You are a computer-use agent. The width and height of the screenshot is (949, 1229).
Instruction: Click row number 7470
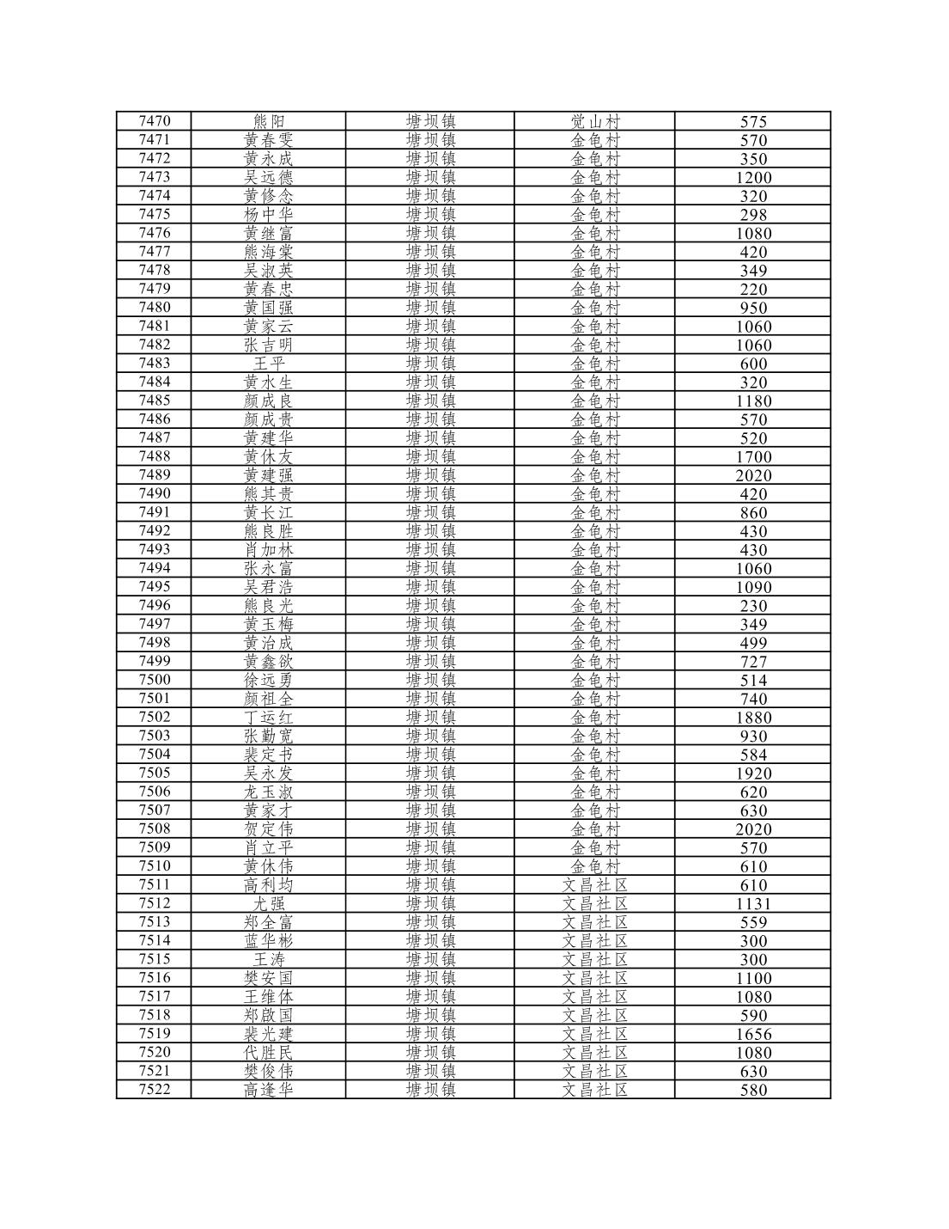155,121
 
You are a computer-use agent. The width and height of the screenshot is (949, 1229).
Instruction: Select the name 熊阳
268,121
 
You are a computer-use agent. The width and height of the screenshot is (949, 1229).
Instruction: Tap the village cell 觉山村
594,121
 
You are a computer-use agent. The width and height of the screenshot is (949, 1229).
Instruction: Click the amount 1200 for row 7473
753,177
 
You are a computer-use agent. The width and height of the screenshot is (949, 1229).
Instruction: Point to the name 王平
268,364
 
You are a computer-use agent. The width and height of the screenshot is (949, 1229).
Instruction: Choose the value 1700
753,456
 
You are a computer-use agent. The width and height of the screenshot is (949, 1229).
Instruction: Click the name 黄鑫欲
268,661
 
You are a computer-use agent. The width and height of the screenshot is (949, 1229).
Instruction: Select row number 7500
155,680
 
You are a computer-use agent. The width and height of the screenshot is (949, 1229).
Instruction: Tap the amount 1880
753,718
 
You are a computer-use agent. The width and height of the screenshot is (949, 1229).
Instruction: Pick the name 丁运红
268,717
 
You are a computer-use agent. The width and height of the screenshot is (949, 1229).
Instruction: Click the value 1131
753,903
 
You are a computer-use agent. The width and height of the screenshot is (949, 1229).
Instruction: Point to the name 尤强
268,903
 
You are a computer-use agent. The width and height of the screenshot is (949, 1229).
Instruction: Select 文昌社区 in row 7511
594,884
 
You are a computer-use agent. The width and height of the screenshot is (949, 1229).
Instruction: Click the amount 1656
753,1034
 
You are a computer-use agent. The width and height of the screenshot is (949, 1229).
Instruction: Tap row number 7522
155,1090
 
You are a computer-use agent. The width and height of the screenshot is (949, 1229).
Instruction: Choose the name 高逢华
268,1090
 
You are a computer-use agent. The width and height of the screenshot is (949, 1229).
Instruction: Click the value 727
753,662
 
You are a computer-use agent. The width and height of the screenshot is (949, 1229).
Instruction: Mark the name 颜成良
268,400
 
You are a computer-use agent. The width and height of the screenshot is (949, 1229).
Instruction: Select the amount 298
753,215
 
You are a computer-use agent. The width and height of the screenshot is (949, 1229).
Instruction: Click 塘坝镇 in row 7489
430,475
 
